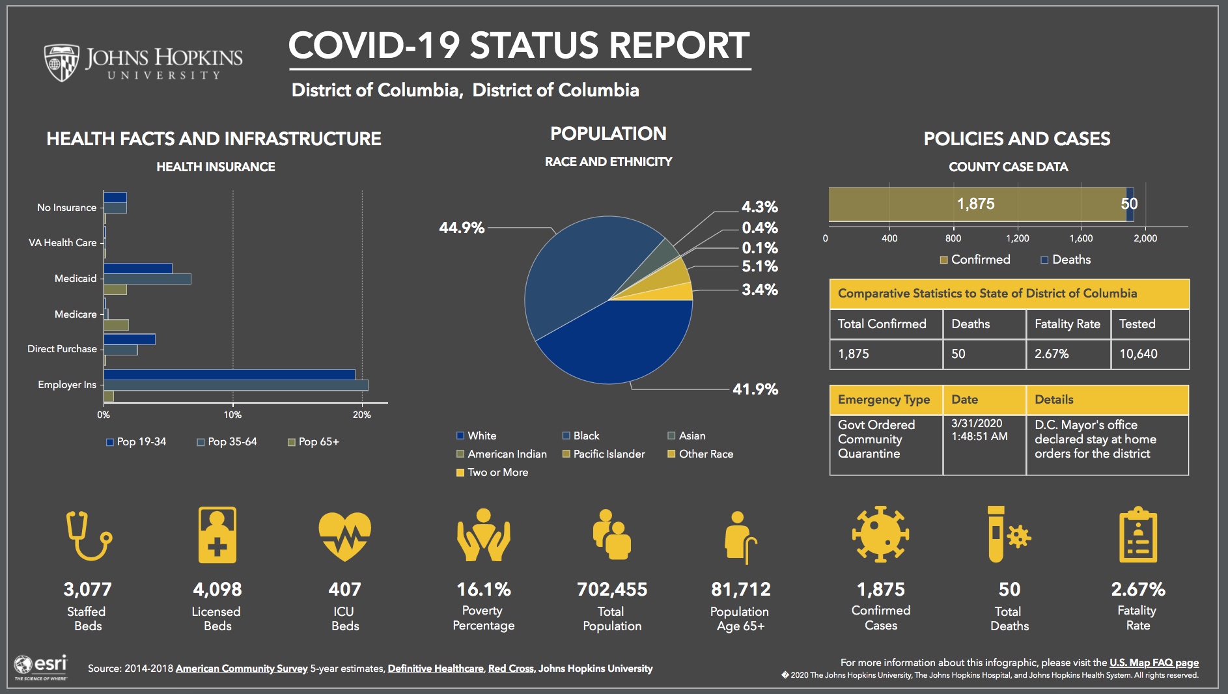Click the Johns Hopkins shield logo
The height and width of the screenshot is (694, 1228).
[61, 62]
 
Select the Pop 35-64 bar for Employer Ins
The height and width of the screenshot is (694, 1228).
[235, 385]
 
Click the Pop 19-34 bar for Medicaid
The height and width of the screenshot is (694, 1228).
[137, 268]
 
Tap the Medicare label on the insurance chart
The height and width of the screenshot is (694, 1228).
[76, 314]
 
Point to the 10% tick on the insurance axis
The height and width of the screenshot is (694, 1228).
[232, 415]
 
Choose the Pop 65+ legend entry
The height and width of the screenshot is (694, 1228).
[313, 441]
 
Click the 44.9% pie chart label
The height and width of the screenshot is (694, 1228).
[461, 228]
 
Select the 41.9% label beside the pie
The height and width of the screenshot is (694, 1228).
[755, 389]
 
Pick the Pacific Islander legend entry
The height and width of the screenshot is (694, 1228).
[604, 454]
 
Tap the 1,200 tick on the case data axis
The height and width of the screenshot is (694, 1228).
[1017, 238]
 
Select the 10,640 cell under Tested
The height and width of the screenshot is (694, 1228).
[1138, 354]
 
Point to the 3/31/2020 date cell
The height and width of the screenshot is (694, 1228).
[977, 423]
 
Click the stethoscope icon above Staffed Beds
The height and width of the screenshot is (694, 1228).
[88, 536]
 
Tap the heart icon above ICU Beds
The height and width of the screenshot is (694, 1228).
[344, 536]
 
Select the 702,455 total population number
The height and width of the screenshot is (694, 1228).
[611, 589]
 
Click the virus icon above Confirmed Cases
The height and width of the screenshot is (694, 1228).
[880, 534]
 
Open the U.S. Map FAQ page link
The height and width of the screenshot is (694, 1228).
[1153, 663]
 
